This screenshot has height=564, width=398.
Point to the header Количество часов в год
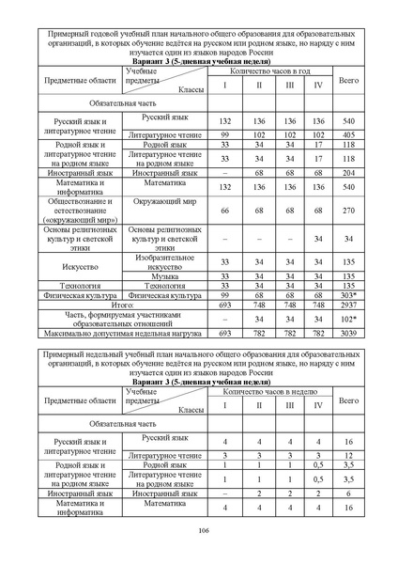click(x=270, y=71)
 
